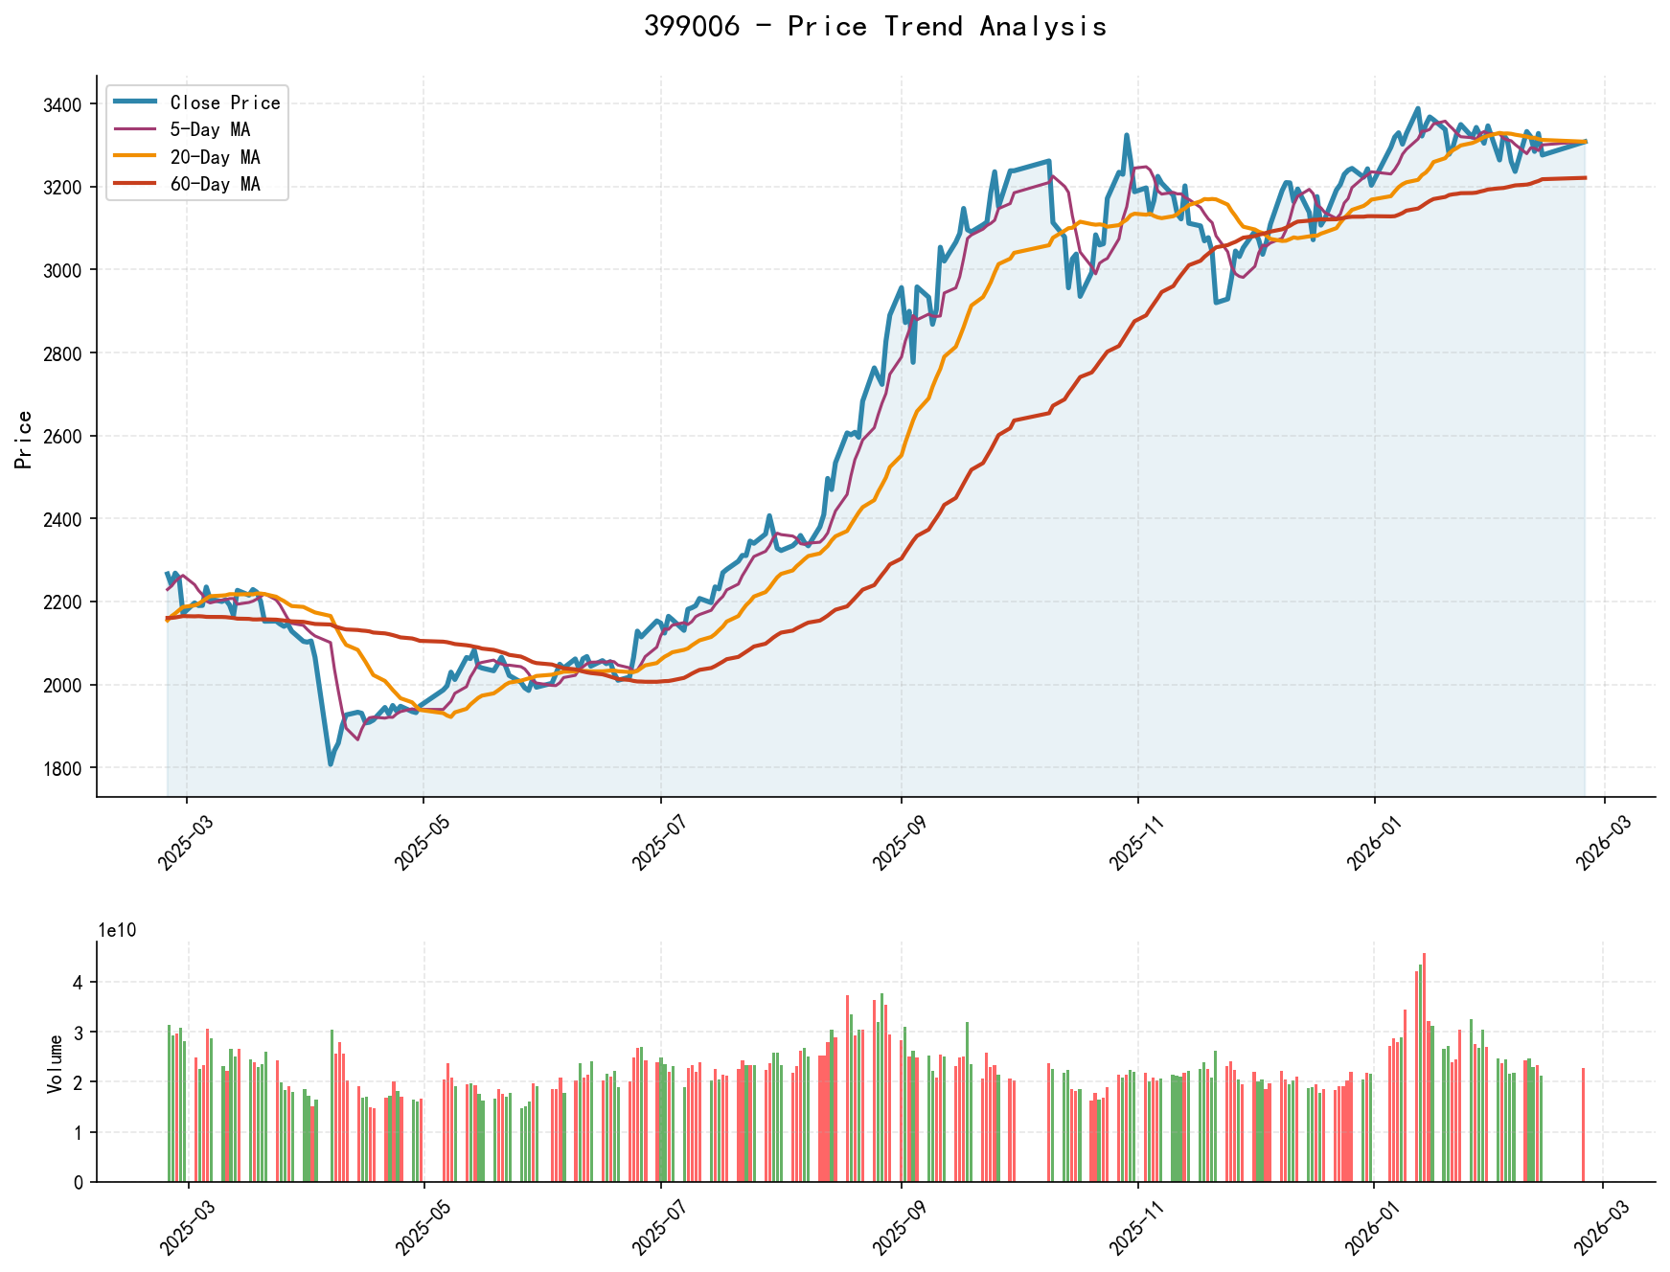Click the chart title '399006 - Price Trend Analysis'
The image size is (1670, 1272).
[x=875, y=27]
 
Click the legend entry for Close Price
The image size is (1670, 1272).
[x=224, y=102]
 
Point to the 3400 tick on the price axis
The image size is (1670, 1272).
[x=64, y=103]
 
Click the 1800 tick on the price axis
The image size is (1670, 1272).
[x=64, y=768]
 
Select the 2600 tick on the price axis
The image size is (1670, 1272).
[x=64, y=436]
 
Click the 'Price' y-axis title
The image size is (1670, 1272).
[x=25, y=440]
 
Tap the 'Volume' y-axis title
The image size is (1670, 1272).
[x=55, y=1063]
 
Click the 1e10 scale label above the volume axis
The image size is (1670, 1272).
[x=117, y=930]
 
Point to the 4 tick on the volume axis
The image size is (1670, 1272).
[x=78, y=983]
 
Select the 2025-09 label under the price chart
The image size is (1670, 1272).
[x=895, y=844]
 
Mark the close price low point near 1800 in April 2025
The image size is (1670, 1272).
[x=331, y=763]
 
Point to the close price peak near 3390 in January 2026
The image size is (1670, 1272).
[x=1418, y=109]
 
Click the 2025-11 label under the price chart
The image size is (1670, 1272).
[x=1132, y=844]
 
